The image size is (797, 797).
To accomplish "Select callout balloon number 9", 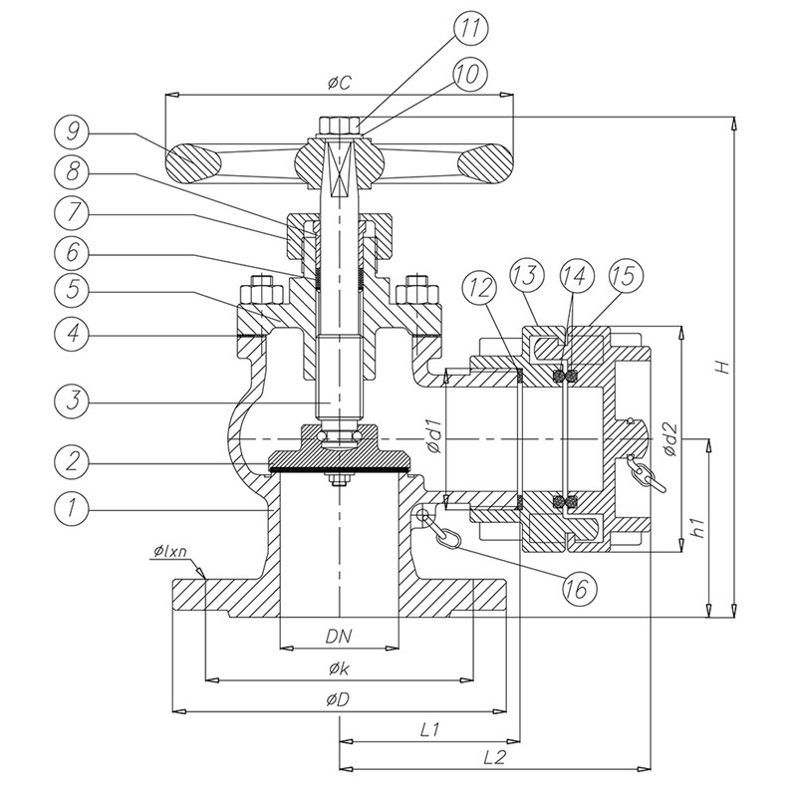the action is (x=72, y=133).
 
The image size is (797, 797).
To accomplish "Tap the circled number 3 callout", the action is (x=72, y=401).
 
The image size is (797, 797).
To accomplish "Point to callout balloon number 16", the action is (x=579, y=589).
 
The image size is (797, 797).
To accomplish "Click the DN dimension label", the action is (x=339, y=636).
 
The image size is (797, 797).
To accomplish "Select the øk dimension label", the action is (x=339, y=669).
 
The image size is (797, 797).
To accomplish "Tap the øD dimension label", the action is (x=339, y=700).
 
